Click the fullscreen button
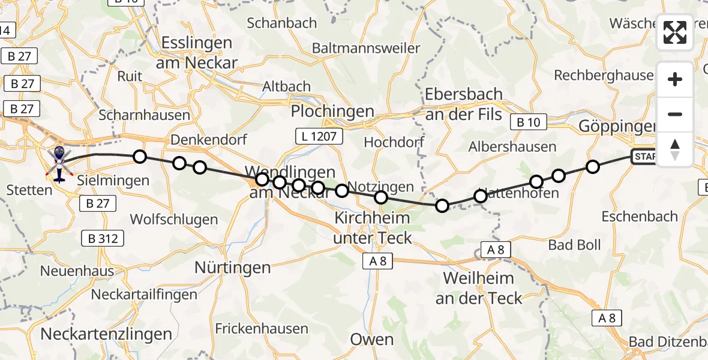click(x=675, y=32)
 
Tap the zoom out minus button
click(x=675, y=114)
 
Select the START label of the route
click(x=644, y=157)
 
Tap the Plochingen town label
click(x=332, y=112)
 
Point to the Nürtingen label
click(x=233, y=268)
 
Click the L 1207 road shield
click(x=319, y=137)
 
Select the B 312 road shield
click(x=103, y=239)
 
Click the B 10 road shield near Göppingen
click(x=528, y=122)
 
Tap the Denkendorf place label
click(x=200, y=140)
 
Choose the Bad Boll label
click(x=575, y=245)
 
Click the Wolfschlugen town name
click(x=173, y=220)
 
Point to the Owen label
click(x=371, y=340)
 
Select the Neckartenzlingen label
click(x=107, y=334)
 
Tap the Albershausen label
click(x=512, y=146)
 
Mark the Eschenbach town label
click(x=639, y=216)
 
